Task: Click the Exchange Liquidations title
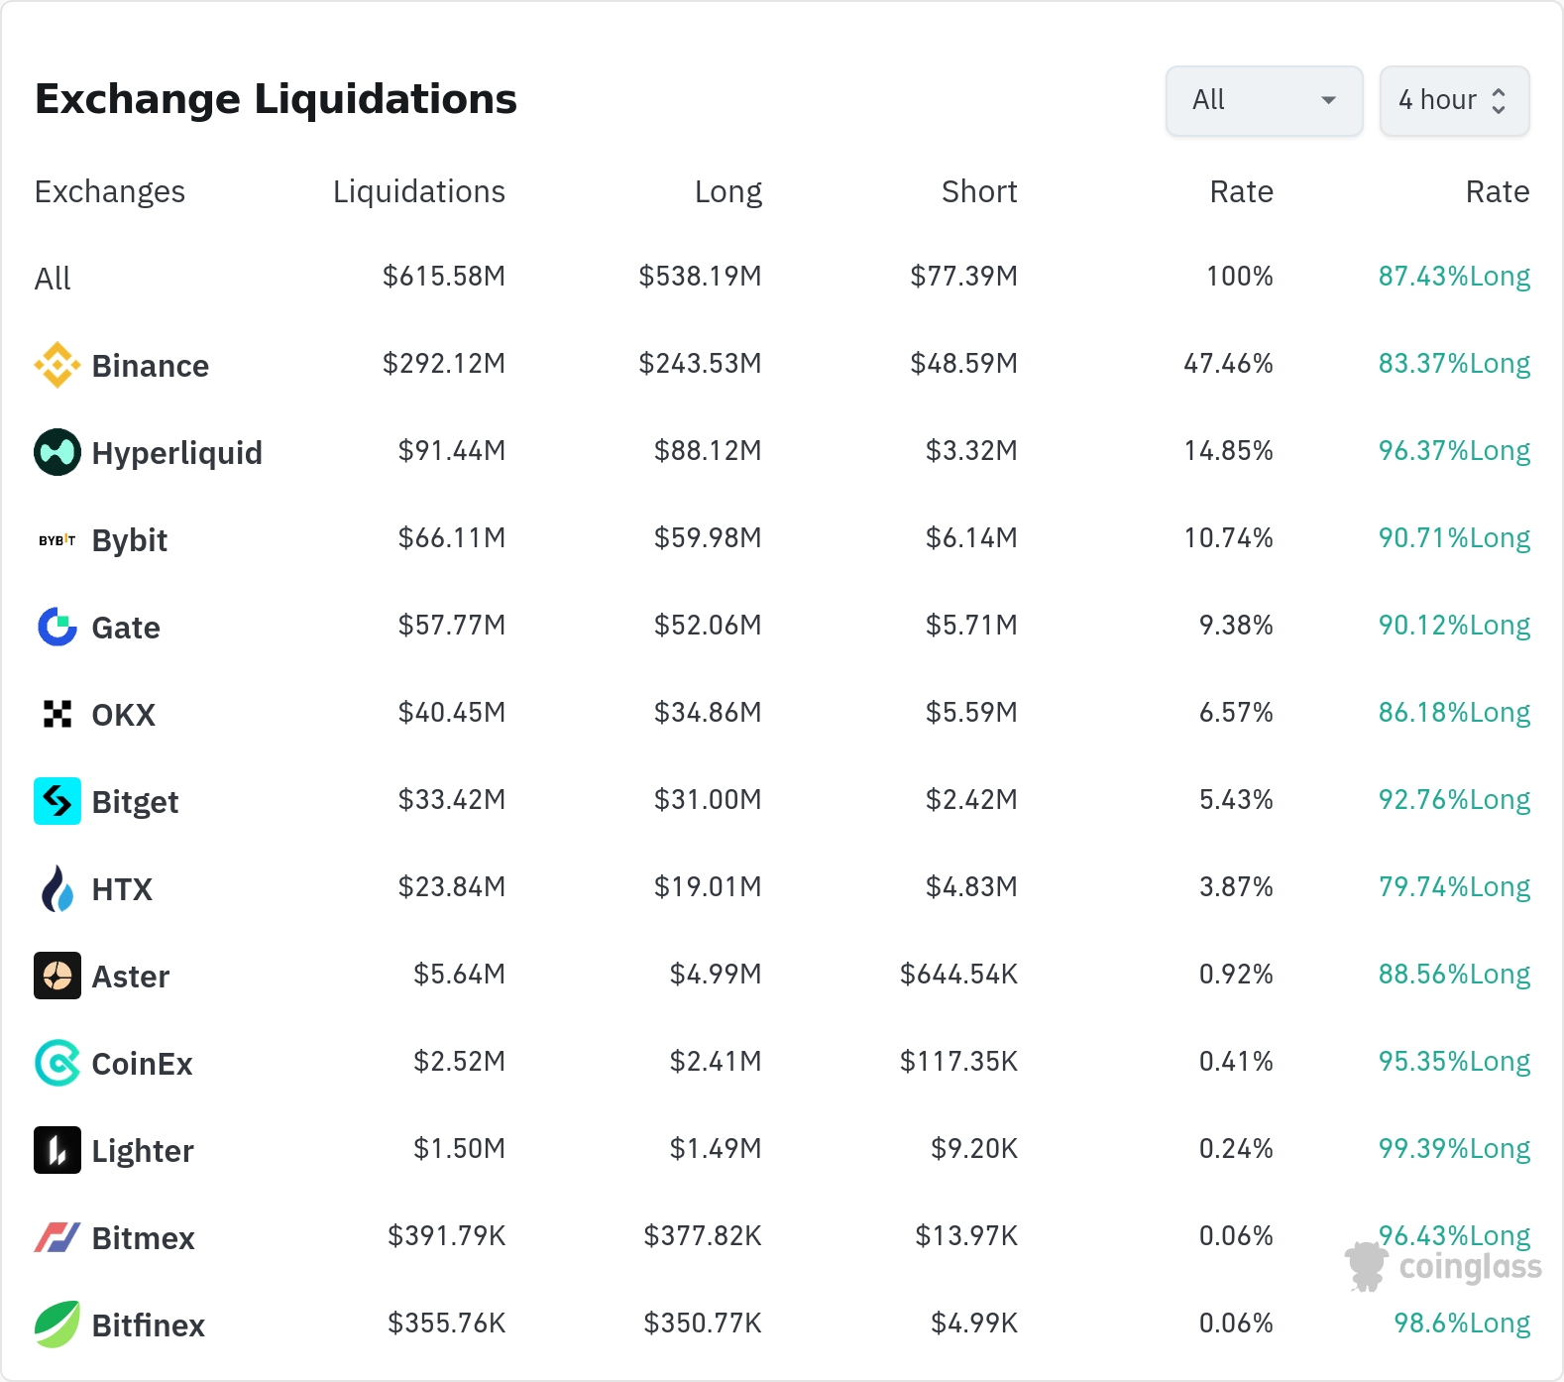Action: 276,99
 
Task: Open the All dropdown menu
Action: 1264,100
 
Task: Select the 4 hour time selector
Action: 1454,100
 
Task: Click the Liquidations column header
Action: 418,191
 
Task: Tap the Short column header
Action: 979,191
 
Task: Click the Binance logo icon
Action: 57,365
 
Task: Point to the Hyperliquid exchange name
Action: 177,453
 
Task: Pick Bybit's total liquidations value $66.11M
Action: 452,537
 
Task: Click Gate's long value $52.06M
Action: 708,625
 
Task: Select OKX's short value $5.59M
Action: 971,712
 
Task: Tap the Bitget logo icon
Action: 57,801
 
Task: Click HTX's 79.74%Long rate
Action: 1454,887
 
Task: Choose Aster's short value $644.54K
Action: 958,974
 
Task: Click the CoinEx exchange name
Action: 143,1064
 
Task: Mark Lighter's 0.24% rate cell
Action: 1236,1148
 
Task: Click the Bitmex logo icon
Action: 57,1237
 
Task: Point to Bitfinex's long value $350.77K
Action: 703,1323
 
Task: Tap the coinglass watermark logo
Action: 1443,1267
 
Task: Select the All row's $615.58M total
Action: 444,276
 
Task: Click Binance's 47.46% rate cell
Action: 1228,363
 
